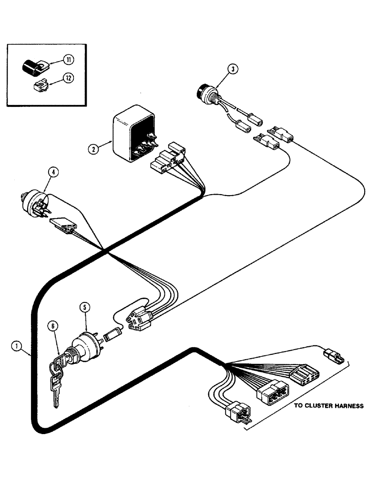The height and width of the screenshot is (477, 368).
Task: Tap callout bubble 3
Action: [x=232, y=69]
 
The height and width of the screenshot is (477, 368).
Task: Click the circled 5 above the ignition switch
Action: [x=84, y=308]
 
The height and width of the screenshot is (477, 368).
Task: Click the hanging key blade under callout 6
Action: [x=57, y=394]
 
